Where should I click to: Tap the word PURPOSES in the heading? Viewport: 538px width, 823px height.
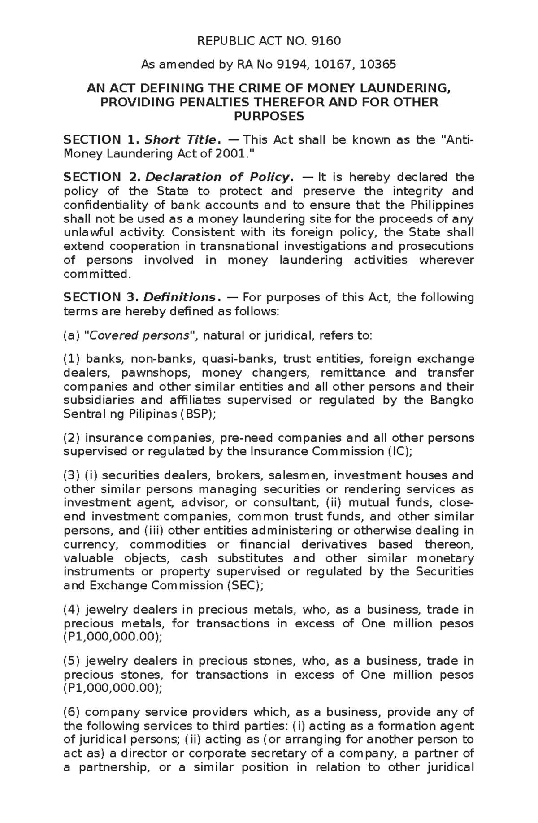point(269,117)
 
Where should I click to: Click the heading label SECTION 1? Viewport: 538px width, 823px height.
point(92,140)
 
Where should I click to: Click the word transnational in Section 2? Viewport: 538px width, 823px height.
point(239,247)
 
